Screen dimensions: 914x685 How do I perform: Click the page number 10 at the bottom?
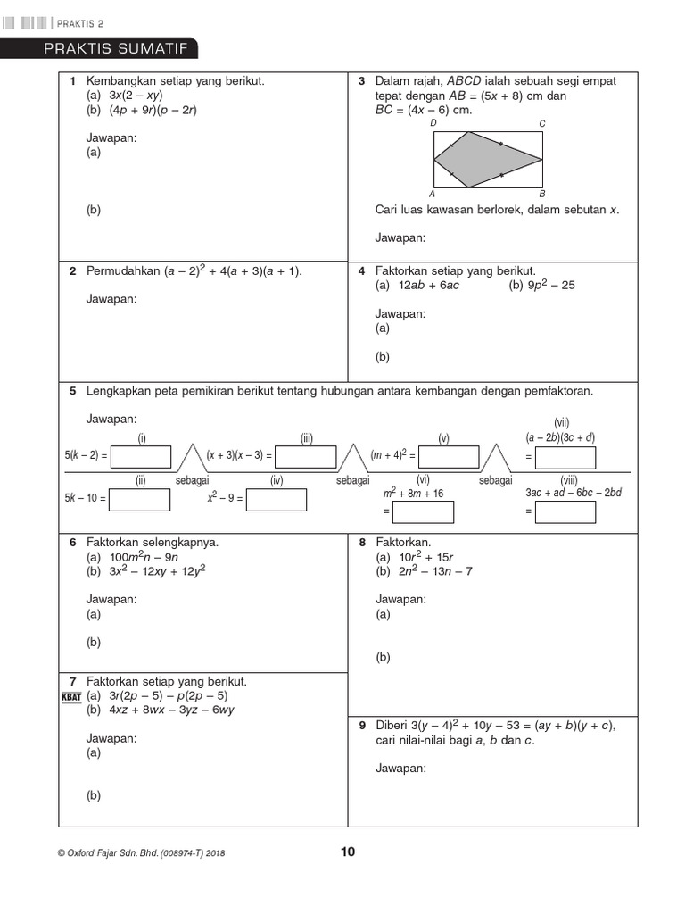[348, 852]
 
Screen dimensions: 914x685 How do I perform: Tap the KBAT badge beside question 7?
[71, 696]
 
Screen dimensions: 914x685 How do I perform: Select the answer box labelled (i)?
[140, 457]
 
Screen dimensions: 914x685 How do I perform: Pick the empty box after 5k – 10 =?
[140, 500]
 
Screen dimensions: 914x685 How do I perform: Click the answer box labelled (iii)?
[306, 457]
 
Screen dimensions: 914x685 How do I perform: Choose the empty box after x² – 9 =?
[276, 500]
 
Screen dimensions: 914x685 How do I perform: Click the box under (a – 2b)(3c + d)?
[565, 458]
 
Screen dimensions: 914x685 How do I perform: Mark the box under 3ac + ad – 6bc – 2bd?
[565, 512]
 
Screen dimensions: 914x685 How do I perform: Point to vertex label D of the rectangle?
[433, 124]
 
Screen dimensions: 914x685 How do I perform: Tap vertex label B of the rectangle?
[541, 194]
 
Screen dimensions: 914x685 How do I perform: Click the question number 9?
[362, 725]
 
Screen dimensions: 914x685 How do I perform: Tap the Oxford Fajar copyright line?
[141, 853]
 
